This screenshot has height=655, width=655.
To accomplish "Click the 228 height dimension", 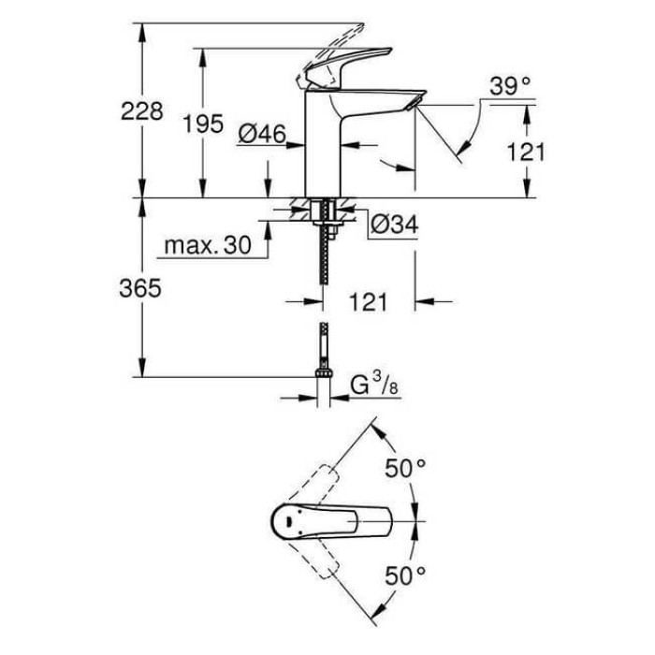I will click(x=143, y=111).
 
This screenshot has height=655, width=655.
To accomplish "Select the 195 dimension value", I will click(x=203, y=123).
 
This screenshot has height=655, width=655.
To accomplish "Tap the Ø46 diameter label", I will click(x=261, y=135).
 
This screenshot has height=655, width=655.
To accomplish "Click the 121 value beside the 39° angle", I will click(x=525, y=151).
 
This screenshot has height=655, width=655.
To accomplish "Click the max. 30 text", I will click(x=208, y=246).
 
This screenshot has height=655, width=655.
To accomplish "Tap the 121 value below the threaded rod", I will click(x=369, y=301).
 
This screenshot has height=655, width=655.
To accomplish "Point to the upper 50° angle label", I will click(x=407, y=468).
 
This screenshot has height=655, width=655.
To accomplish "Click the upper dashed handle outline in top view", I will click(x=318, y=482).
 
